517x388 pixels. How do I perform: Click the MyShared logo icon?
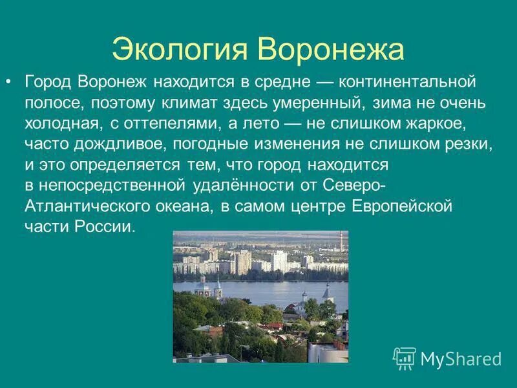405,358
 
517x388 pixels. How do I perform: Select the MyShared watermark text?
461,359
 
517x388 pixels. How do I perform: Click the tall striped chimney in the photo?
340,245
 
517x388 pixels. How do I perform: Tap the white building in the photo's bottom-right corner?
326,352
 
